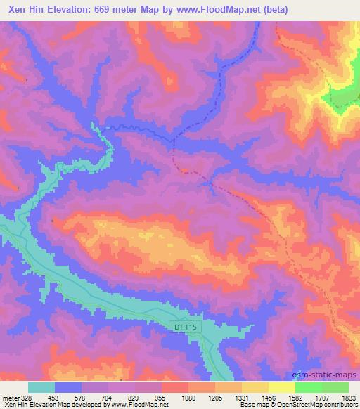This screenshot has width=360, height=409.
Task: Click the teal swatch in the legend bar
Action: click(x=41, y=387)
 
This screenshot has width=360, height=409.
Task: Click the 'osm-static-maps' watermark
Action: click(x=330, y=375)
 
